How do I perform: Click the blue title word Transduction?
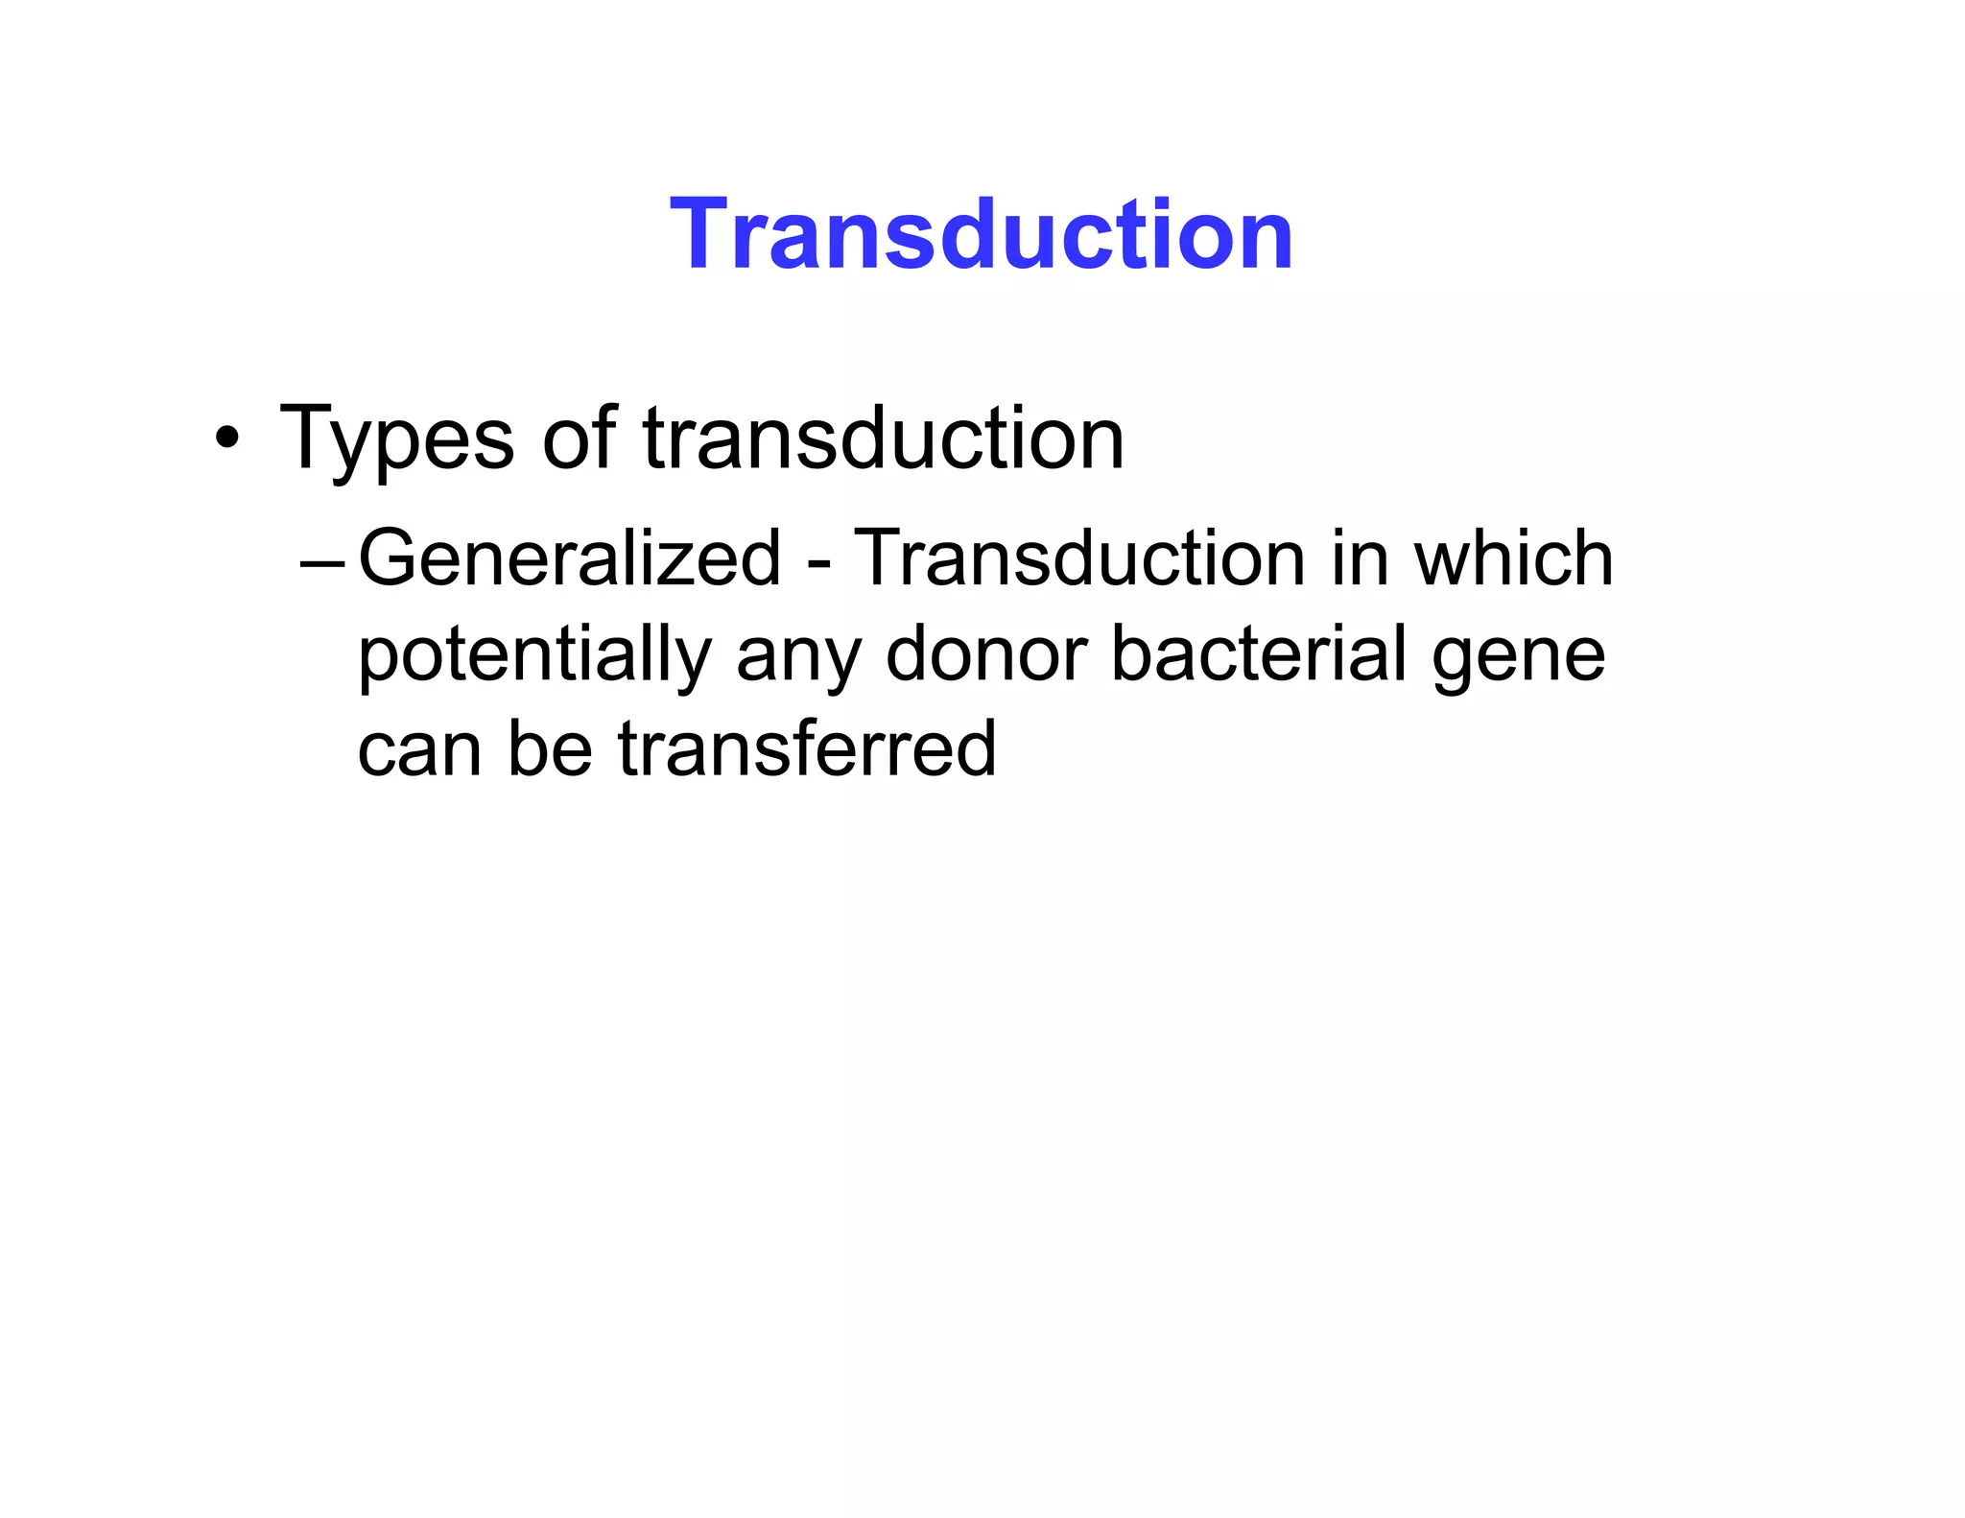pyautogui.click(x=982, y=234)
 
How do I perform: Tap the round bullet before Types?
pyautogui.click(x=226, y=440)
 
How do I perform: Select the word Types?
pyautogui.click(x=396, y=440)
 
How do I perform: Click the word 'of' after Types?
pyautogui.click(x=579, y=439)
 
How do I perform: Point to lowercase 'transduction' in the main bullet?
pyautogui.click(x=883, y=439)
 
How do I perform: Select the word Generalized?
pyautogui.click(x=570, y=558)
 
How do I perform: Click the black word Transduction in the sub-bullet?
pyautogui.click(x=1079, y=558)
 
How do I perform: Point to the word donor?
pyautogui.click(x=985, y=654)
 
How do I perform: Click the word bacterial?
pyautogui.click(x=1258, y=654)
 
